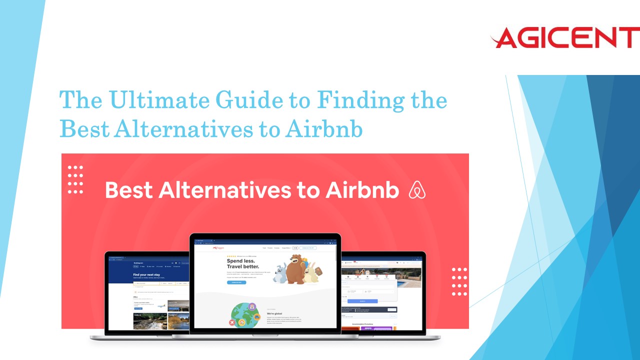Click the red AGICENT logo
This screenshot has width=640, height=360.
pos(564,38)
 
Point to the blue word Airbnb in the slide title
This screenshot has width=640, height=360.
pos(324,128)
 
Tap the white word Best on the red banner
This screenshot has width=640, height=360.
pos(128,190)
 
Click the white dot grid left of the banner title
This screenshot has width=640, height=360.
pos(75,179)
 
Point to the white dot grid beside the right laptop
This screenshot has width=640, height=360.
pos(459,281)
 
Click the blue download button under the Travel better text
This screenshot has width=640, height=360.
pos(236,282)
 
